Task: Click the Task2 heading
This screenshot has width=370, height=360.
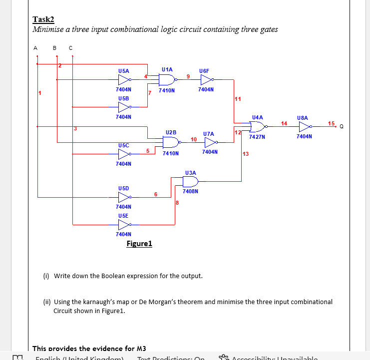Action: (43, 19)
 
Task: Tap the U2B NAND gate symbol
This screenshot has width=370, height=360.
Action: (170, 142)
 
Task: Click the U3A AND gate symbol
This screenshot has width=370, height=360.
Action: (190, 181)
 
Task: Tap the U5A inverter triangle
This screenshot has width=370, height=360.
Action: (124, 79)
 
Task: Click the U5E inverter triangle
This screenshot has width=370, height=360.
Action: (124, 224)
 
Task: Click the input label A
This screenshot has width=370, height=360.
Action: (35, 48)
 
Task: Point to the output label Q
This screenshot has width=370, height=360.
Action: (342, 126)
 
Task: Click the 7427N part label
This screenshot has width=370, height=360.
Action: (257, 136)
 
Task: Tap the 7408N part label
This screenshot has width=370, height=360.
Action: (190, 191)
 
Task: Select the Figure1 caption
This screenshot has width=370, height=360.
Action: (139, 244)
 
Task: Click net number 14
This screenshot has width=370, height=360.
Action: (284, 122)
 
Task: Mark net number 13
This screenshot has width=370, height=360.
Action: (245, 154)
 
